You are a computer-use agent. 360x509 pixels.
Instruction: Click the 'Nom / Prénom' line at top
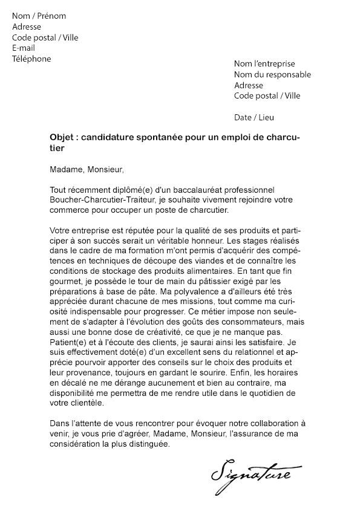(39, 16)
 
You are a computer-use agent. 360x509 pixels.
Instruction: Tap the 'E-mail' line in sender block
(24, 48)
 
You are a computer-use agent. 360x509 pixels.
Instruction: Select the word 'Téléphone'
(31, 59)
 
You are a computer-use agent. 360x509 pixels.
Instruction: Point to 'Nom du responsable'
(272, 74)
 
